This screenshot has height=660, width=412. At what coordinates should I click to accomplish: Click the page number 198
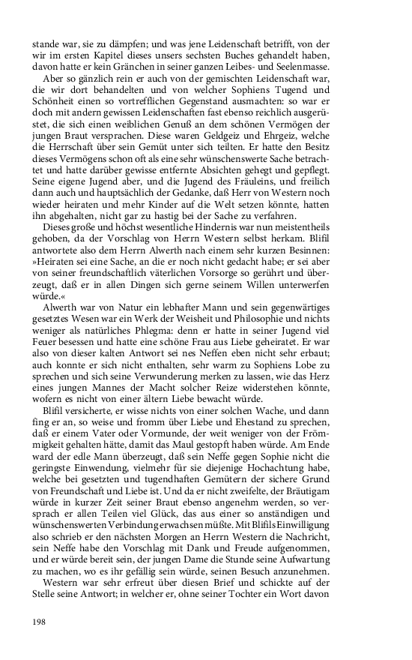click(x=40, y=621)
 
